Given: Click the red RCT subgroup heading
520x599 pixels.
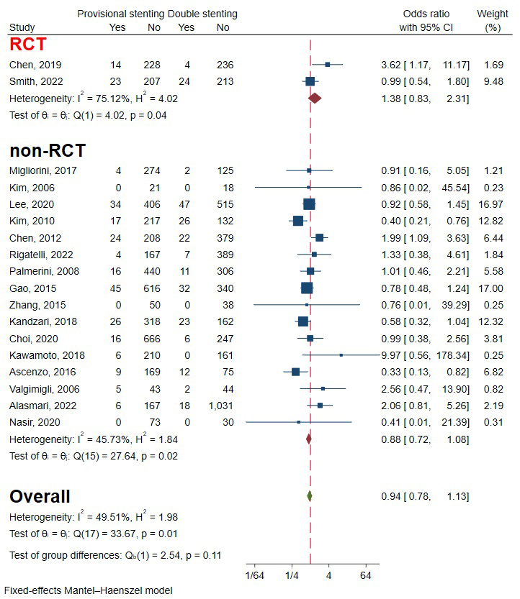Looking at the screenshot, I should click(28, 45).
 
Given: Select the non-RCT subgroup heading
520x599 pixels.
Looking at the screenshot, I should click(48, 151).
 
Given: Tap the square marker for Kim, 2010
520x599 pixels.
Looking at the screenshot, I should click(297, 221).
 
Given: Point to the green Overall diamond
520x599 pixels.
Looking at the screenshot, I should click(309, 495).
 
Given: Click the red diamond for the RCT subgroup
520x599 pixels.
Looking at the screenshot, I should click(314, 98).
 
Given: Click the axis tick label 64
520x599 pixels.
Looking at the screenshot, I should click(365, 575).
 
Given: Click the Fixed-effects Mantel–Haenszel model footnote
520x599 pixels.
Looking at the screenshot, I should click(89, 590).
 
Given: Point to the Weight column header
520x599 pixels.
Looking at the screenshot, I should click(492, 14).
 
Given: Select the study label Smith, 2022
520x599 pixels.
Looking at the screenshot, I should click(35, 81).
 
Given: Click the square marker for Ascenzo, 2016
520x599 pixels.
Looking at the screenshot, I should click(295, 372).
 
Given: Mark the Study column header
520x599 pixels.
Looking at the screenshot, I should click(22, 27).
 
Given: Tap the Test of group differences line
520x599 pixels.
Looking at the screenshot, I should click(115, 554).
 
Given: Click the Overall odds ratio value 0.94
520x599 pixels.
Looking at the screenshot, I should click(390, 496).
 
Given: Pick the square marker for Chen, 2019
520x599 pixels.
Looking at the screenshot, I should click(327, 64).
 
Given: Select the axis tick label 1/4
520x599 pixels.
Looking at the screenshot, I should click(292, 575).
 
